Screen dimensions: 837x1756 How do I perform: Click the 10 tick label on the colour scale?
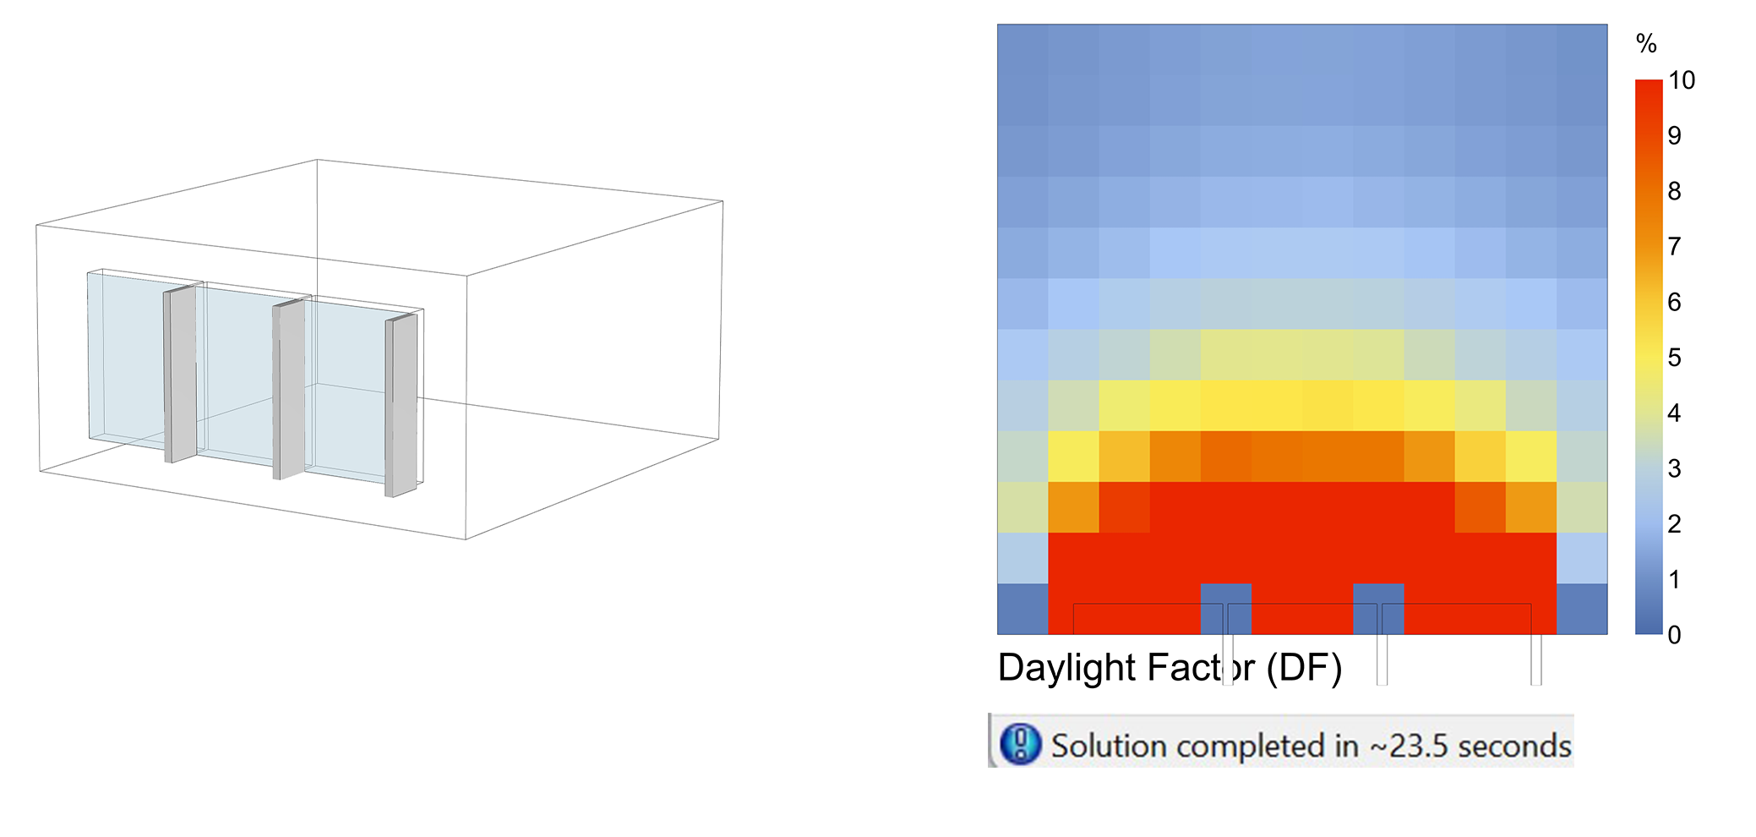point(1682,80)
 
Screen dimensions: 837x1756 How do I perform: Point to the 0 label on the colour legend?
point(1674,635)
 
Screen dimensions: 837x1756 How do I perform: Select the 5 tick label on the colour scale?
point(1674,358)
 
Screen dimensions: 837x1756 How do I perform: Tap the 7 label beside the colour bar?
point(1674,247)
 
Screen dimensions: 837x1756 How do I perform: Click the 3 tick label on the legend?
point(1674,468)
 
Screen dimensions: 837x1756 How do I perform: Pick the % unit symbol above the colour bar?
point(1646,43)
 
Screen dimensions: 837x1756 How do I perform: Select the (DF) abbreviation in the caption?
point(1304,668)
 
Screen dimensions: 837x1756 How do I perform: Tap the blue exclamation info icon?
point(1020,744)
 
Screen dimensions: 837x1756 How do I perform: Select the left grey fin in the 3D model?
point(180,374)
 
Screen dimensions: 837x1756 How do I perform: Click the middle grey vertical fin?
point(288,389)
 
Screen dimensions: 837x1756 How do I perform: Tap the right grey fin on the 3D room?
point(401,406)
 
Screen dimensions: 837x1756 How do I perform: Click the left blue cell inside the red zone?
point(1226,609)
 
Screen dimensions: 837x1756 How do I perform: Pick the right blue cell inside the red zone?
point(1378,609)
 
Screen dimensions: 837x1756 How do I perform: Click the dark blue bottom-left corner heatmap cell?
point(1023,609)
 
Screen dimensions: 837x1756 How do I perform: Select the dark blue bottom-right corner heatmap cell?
point(1582,609)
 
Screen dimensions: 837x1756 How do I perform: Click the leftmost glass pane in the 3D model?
point(127,355)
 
